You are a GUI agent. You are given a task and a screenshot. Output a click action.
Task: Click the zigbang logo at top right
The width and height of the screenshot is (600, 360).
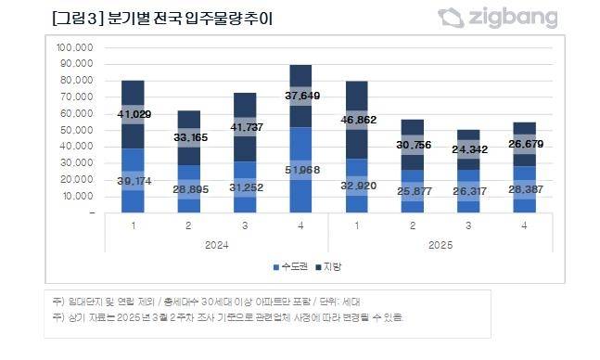point(498,18)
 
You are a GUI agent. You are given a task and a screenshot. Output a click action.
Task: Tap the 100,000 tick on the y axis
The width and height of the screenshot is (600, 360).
point(75,47)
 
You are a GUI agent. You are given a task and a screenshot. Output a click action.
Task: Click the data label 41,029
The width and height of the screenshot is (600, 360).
point(134,114)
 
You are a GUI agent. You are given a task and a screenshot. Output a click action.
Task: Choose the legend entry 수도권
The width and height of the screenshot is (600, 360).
point(292,267)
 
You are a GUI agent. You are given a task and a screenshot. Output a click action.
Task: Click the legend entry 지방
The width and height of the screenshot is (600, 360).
point(334,267)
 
